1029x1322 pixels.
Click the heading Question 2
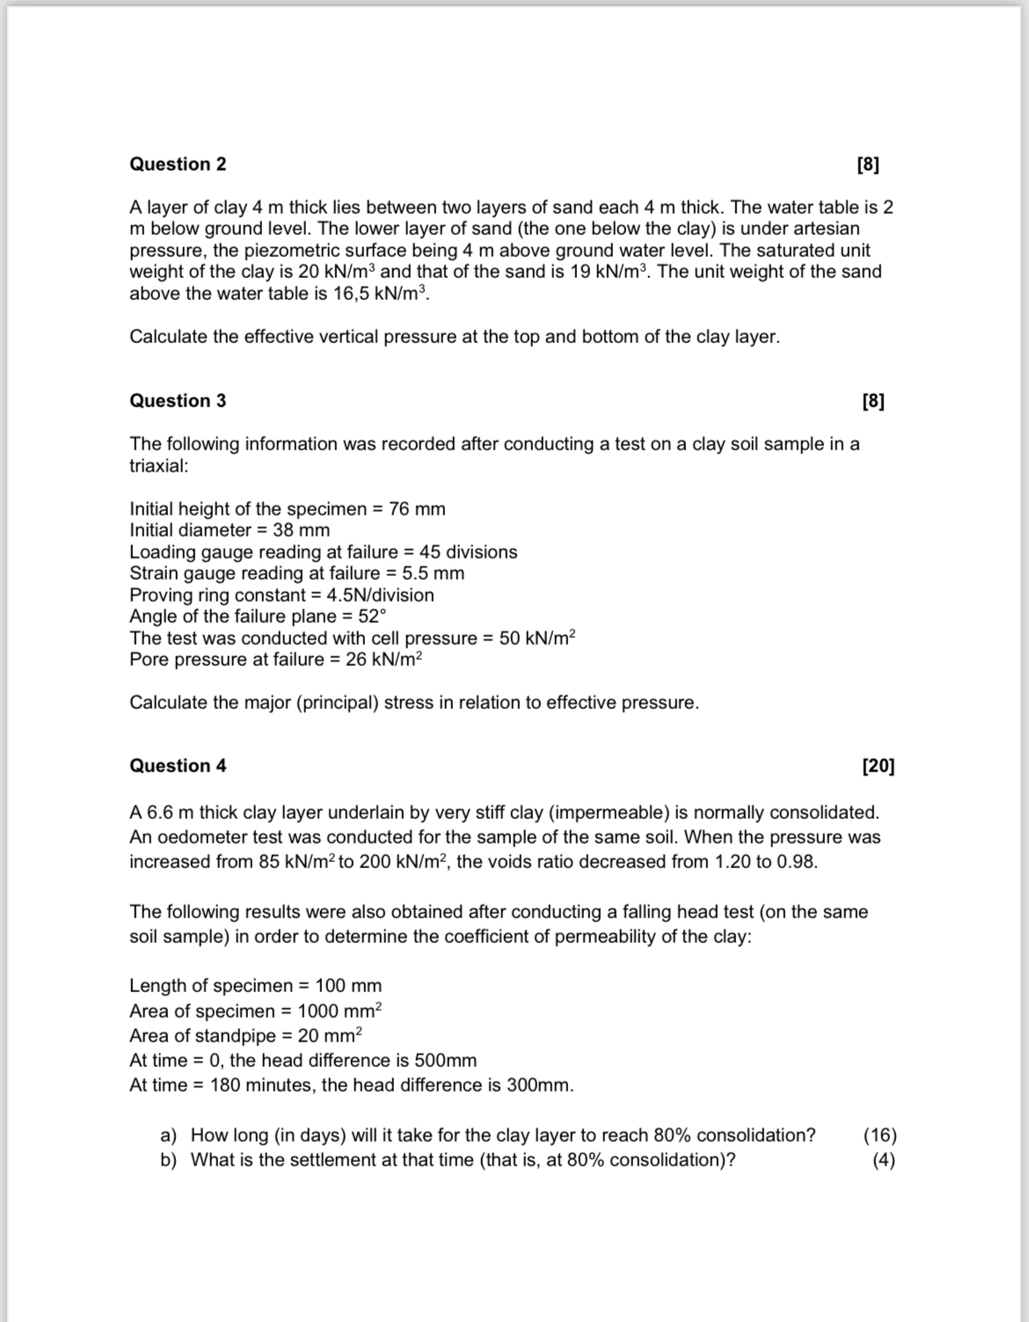tap(178, 164)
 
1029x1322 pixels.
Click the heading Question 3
tap(178, 401)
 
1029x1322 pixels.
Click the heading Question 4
tap(178, 766)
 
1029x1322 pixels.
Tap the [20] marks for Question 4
tap(878, 766)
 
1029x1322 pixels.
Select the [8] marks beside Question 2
tap(867, 164)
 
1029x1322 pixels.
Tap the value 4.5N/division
tap(380, 595)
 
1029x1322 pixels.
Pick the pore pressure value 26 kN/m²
tap(384, 660)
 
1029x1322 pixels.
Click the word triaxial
tap(158, 466)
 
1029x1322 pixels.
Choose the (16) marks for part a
tap(880, 1136)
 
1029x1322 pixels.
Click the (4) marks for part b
tap(884, 1160)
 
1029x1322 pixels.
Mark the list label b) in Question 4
tap(169, 1160)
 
